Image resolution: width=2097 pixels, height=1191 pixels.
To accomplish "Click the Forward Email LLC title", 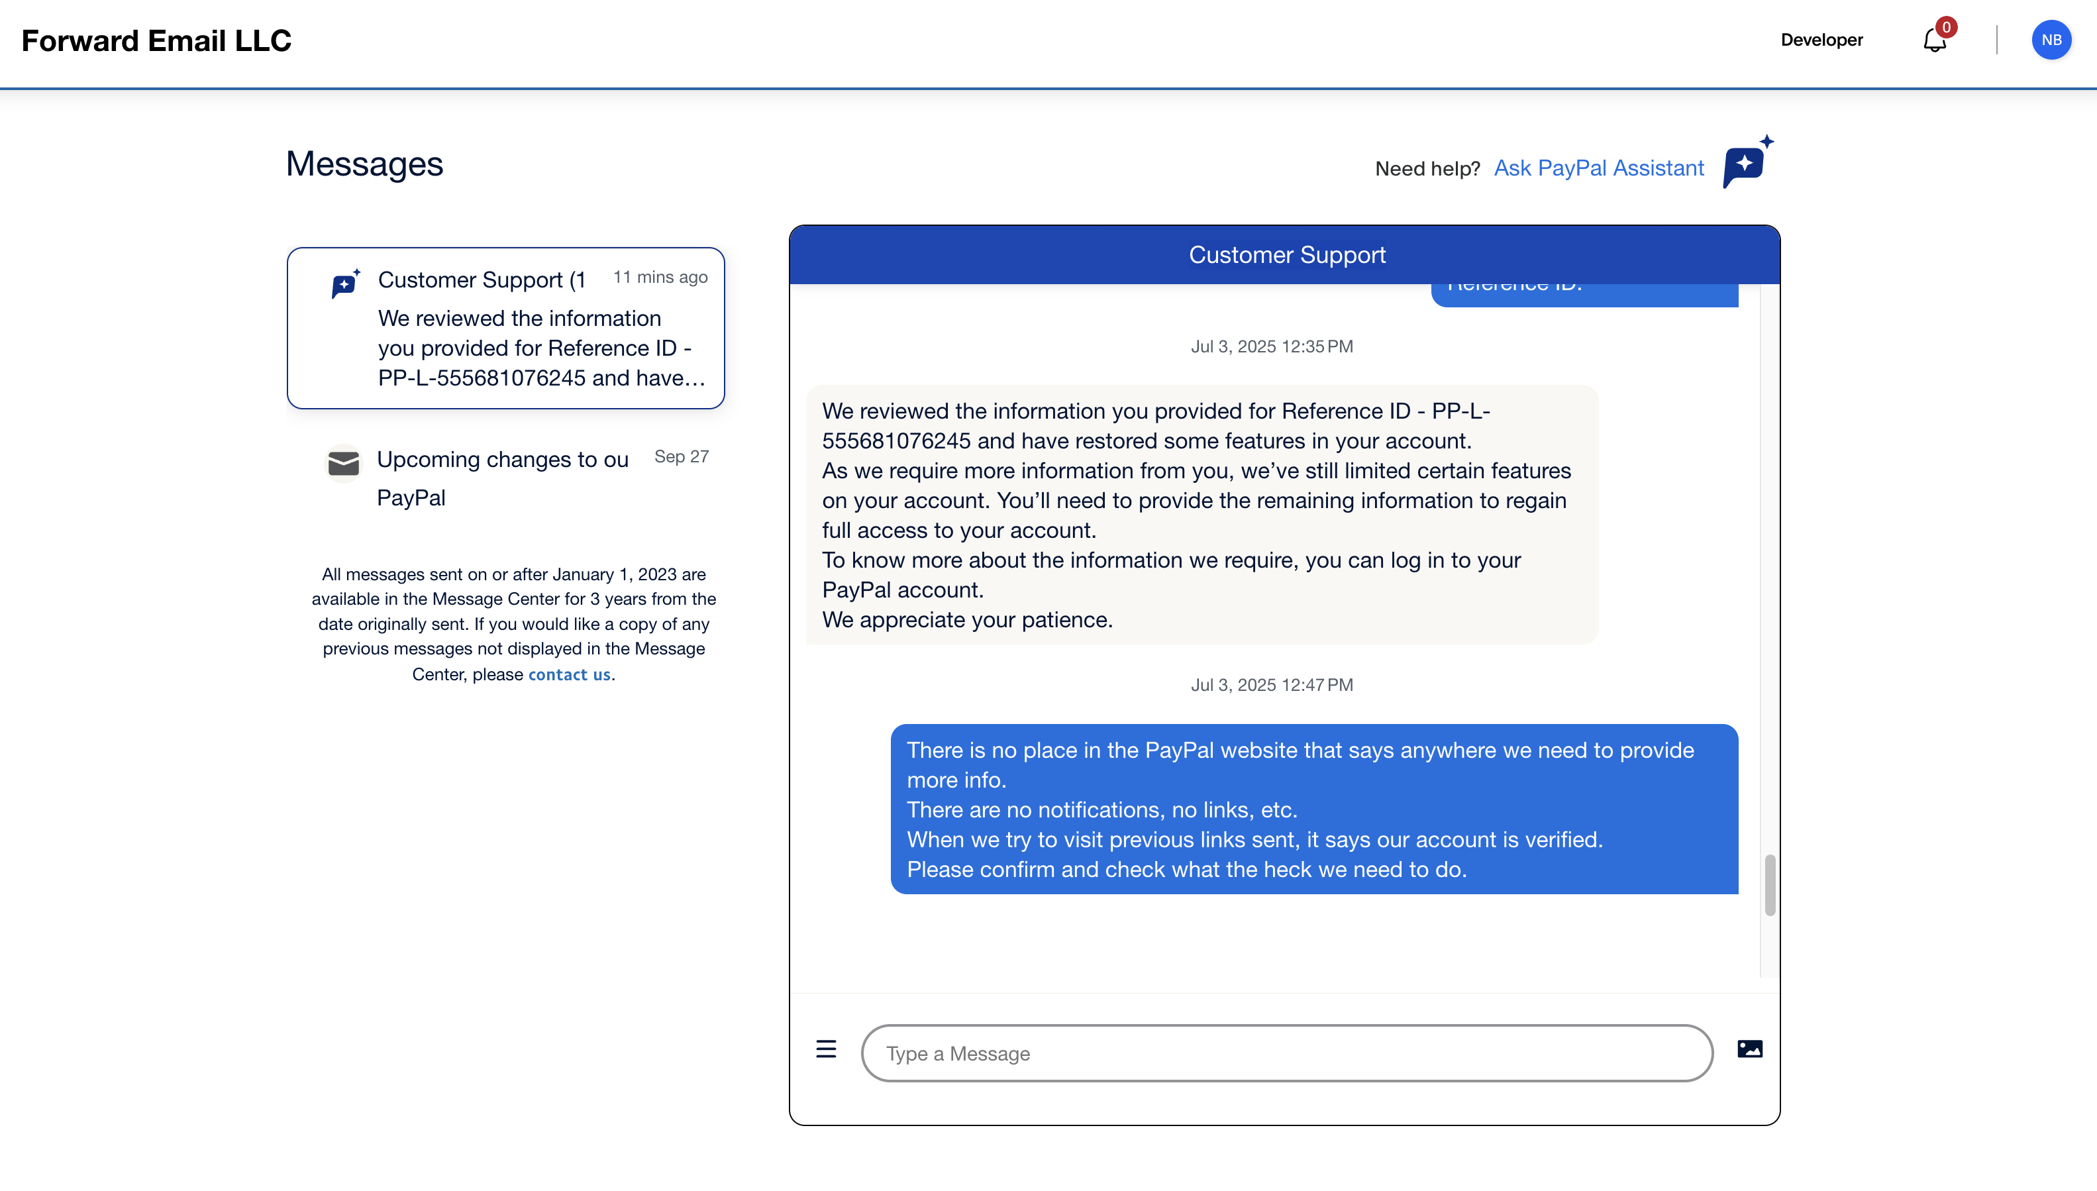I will (156, 41).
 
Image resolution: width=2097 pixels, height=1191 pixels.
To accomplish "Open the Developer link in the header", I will (1821, 40).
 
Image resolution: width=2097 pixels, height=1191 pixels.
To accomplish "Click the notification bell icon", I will (1934, 40).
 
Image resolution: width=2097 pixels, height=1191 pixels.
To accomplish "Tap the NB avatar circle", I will (2051, 40).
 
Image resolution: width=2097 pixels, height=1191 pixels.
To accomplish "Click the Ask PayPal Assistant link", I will (1598, 168).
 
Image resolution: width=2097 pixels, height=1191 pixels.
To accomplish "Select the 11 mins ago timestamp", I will (660, 278).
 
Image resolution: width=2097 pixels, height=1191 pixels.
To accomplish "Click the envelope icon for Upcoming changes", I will (344, 464).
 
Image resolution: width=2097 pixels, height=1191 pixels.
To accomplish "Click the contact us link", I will (569, 675).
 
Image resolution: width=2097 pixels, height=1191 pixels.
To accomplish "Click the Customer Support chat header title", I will (1286, 255).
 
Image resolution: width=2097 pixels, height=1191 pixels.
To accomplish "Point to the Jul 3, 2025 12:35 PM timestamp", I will (1272, 347).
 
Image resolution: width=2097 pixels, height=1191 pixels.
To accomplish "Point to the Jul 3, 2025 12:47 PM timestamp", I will (1272, 686).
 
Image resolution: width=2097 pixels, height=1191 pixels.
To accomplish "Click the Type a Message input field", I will (1286, 1054).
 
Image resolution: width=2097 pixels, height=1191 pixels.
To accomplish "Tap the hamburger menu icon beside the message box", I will (826, 1049).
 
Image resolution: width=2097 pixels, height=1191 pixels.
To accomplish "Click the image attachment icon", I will (1749, 1049).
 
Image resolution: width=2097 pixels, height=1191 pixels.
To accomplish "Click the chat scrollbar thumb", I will (1770, 885).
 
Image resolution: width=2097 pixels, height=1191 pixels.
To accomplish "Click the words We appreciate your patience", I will (967, 620).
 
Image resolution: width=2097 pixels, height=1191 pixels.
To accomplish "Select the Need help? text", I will (1427, 170).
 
